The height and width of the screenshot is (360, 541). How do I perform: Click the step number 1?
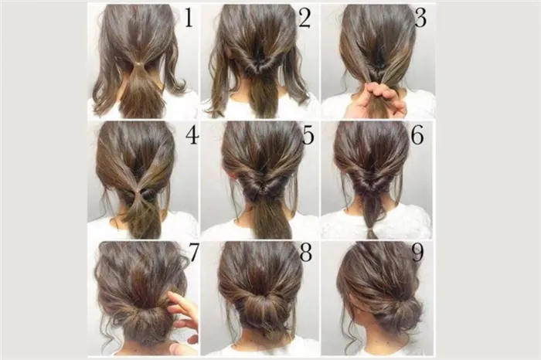tap(189, 18)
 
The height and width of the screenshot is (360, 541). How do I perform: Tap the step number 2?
tap(305, 18)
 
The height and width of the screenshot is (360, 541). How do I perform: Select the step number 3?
tap(420, 18)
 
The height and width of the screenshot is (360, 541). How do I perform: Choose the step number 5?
tap(308, 135)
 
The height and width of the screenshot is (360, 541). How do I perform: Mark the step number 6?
tap(417, 135)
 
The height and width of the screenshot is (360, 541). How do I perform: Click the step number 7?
tap(193, 253)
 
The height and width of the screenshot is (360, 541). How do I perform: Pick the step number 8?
tap(306, 253)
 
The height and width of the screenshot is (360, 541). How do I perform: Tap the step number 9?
tap(417, 253)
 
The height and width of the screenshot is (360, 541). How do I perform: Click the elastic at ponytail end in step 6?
tap(372, 228)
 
